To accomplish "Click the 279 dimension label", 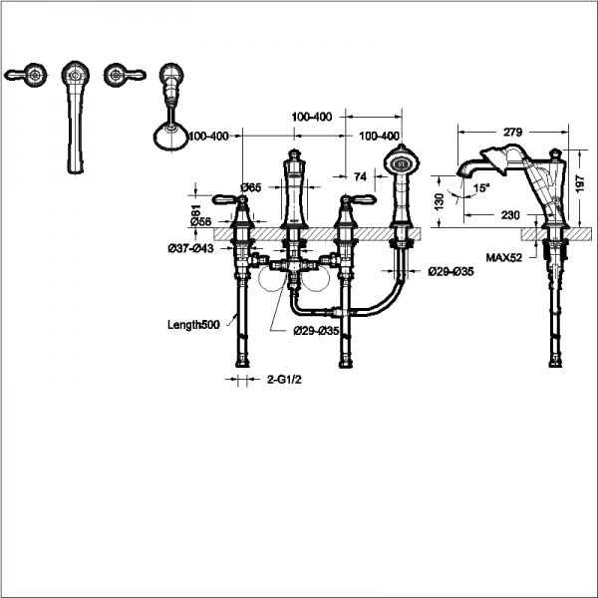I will [515, 132].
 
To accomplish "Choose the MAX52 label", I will [505, 257].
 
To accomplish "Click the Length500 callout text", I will [193, 324].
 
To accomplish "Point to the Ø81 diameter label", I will [196, 212].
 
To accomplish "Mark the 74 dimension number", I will [360, 175].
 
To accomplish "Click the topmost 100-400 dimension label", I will [312, 117].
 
